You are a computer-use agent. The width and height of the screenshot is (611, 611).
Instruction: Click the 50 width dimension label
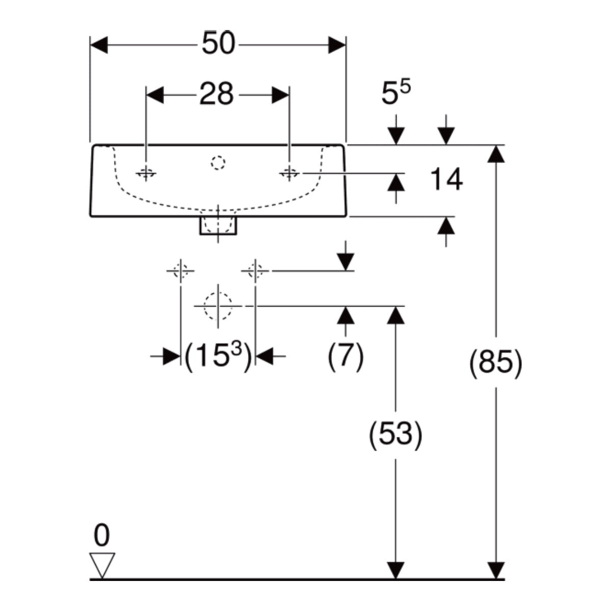click(x=218, y=43)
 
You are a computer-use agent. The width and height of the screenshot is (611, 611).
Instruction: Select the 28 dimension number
click(x=216, y=94)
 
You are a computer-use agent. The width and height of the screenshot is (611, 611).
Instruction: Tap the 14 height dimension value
click(x=447, y=179)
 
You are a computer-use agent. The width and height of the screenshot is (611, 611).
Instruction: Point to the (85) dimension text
click(x=495, y=363)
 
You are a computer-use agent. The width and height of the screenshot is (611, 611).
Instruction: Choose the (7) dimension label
click(x=345, y=356)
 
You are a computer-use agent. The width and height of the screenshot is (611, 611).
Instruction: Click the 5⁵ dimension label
click(x=396, y=92)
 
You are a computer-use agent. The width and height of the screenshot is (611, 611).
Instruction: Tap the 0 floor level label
click(x=102, y=535)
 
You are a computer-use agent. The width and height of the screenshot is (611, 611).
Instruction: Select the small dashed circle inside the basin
click(x=218, y=162)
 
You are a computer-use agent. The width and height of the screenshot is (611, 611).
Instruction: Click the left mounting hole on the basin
click(x=146, y=173)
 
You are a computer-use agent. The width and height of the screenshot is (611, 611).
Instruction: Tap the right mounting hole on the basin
click(x=289, y=173)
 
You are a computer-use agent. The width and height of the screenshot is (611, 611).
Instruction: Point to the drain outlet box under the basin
click(x=218, y=226)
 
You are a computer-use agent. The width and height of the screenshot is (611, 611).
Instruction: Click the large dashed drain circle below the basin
click(x=218, y=306)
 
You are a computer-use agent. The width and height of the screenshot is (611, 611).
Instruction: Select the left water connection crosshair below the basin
click(x=181, y=271)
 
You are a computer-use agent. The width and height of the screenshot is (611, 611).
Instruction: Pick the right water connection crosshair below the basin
click(x=255, y=271)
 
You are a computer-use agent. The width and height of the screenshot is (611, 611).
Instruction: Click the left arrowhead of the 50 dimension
click(x=99, y=45)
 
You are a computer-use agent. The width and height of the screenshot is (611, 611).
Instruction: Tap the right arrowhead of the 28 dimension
click(x=281, y=95)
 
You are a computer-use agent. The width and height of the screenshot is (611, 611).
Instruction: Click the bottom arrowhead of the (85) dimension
click(x=495, y=570)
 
